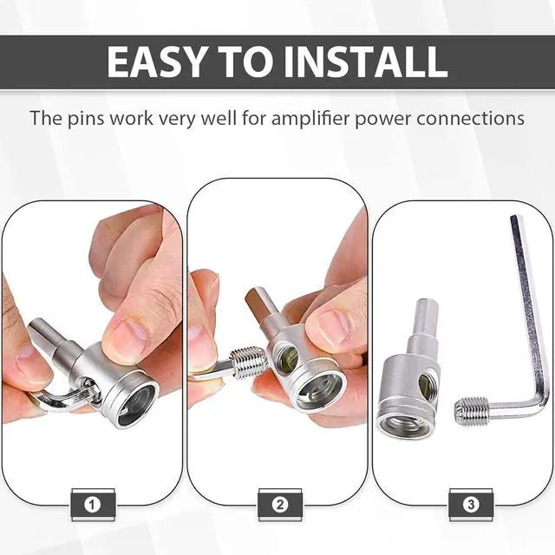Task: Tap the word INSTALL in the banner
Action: pyautogui.click(x=366, y=62)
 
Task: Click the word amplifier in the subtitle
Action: pyautogui.click(x=310, y=119)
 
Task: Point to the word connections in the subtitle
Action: pyautogui.click(x=470, y=119)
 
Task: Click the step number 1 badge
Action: pyautogui.click(x=92, y=505)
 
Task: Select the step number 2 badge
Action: pyautogui.click(x=280, y=505)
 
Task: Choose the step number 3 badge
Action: pyautogui.click(x=471, y=505)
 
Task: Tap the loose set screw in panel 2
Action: pyautogui.click(x=248, y=362)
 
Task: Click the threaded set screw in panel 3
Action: pyautogui.click(x=471, y=411)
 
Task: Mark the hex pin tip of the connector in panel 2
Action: pyautogui.click(x=258, y=304)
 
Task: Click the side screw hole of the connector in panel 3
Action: pyautogui.click(x=424, y=385)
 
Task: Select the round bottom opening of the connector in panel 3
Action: pyautogui.click(x=402, y=424)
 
